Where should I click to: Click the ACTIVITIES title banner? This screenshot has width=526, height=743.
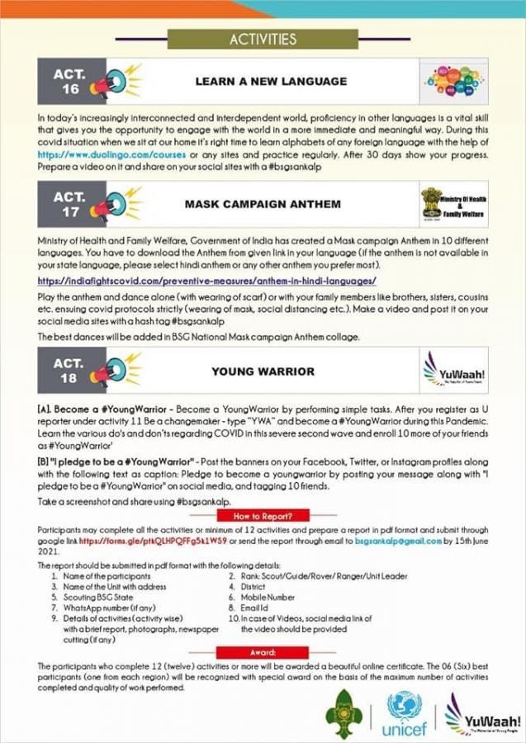[263, 39]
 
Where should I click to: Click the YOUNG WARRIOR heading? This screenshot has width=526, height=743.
[263, 371]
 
